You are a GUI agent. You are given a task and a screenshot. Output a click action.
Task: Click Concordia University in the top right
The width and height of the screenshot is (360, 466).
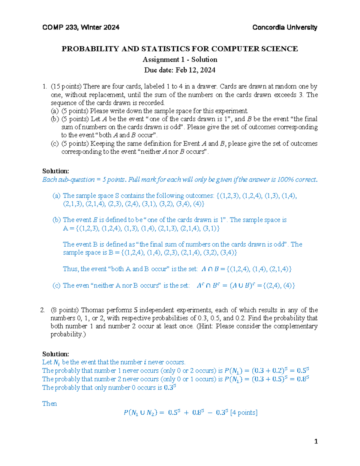(x=284, y=28)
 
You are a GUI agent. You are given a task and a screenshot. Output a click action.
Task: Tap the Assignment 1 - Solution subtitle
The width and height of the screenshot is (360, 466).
(x=180, y=59)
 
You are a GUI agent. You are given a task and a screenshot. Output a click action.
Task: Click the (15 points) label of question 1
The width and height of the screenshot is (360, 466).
(x=66, y=86)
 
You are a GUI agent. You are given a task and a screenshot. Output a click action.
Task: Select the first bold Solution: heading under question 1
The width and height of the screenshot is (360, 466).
(x=55, y=171)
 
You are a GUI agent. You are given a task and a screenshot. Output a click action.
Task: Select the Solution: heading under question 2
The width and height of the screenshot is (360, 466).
(x=55, y=354)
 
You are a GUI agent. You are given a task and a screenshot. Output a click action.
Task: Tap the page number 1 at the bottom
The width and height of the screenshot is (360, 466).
(x=316, y=441)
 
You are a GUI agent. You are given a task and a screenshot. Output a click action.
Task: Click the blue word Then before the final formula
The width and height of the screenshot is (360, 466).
(x=49, y=404)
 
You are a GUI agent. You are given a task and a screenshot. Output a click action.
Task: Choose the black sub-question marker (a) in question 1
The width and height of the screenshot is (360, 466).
(x=55, y=111)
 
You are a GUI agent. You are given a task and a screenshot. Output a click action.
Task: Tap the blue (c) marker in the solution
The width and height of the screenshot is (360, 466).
(x=56, y=286)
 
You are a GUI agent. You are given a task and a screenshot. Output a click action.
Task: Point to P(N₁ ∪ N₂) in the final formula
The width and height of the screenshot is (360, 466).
(x=140, y=413)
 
